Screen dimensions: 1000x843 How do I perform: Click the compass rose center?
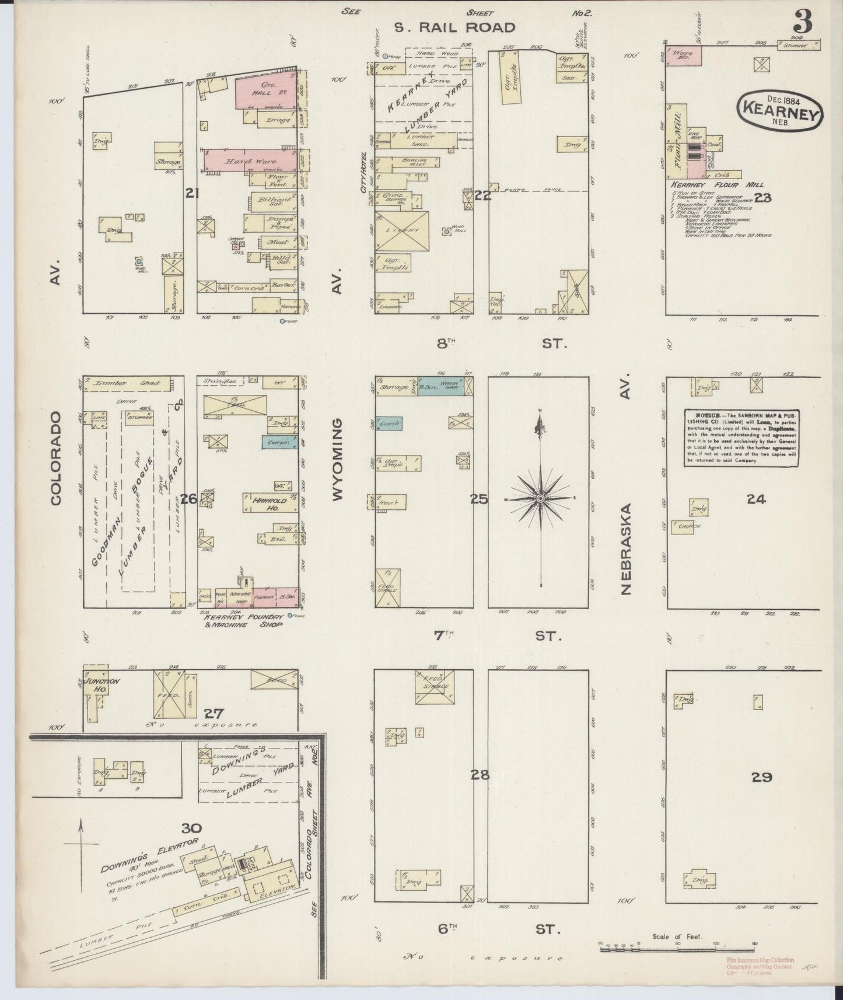(x=541, y=498)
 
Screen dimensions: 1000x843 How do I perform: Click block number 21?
(x=191, y=193)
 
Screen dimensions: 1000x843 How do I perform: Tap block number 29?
(x=762, y=777)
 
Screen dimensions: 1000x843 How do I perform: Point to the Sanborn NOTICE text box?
(x=741, y=438)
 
